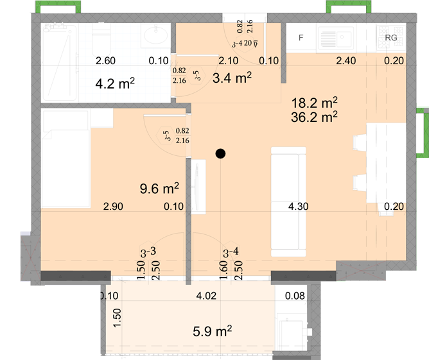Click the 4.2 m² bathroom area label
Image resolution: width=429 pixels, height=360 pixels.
[115, 83]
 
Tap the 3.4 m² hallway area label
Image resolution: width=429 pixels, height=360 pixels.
[232, 78]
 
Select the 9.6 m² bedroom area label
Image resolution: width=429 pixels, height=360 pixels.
[159, 188]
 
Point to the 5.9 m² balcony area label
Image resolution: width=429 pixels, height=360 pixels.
[213, 331]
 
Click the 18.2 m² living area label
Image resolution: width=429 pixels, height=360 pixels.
[314, 103]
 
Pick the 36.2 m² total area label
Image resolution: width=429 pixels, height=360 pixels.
[314, 117]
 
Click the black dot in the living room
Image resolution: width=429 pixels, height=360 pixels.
[220, 153]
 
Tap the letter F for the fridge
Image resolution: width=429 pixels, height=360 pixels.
[301, 37]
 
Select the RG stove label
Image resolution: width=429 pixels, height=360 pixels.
[391, 37]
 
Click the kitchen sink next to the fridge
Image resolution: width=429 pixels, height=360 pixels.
[336, 39]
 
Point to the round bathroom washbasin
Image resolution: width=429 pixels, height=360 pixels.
[155, 35]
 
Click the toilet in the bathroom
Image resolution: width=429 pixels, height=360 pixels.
[101, 40]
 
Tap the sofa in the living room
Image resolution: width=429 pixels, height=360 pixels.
[288, 201]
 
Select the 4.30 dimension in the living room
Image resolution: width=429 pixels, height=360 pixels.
[298, 207]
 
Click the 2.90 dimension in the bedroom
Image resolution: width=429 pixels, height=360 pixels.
[113, 207]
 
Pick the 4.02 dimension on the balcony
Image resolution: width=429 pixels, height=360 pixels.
[206, 296]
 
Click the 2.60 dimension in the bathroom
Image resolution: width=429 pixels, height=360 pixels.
[105, 61]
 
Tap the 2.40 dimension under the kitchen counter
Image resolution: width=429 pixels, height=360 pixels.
[346, 61]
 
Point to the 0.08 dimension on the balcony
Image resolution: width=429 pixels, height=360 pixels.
[295, 296]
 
